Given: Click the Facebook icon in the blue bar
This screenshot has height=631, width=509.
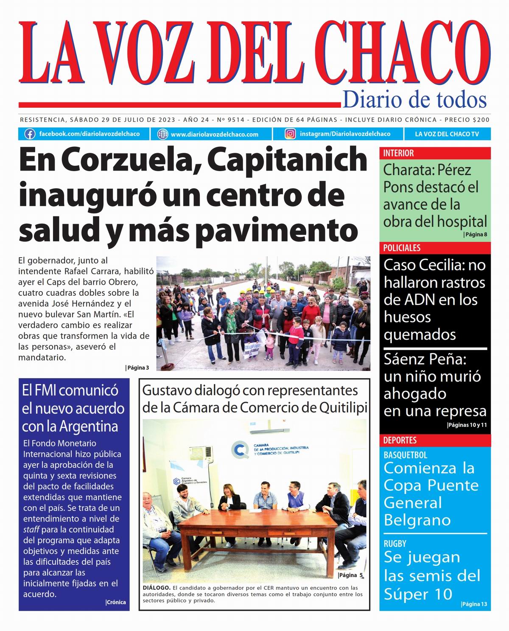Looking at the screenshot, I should click(x=30, y=134).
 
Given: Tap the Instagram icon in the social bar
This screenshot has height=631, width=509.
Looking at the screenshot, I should click(x=290, y=134).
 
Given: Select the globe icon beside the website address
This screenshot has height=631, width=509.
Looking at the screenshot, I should click(x=162, y=134).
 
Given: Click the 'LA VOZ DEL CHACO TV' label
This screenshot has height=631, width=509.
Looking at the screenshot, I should click(x=447, y=134).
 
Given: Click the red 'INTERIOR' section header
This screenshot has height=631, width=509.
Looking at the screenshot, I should click(x=398, y=153).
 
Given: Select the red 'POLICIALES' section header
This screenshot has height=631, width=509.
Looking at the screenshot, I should click(x=402, y=248).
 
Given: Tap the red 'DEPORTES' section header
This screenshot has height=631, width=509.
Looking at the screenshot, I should click(x=400, y=440).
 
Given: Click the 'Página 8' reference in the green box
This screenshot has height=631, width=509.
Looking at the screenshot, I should click(x=475, y=235).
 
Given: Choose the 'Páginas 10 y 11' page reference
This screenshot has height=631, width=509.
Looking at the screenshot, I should click(x=467, y=425).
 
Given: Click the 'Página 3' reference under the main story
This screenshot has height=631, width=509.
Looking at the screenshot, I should click(x=138, y=368).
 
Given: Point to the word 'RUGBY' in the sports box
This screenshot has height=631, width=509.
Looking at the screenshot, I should click(x=395, y=544).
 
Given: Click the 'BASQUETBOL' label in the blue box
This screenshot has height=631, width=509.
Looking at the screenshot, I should click(x=405, y=455).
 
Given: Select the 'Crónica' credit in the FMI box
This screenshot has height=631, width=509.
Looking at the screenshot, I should click(x=116, y=602).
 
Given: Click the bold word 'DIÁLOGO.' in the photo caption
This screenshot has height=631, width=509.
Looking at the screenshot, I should click(x=157, y=588).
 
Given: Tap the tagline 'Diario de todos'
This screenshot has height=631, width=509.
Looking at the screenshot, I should click(x=414, y=100).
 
